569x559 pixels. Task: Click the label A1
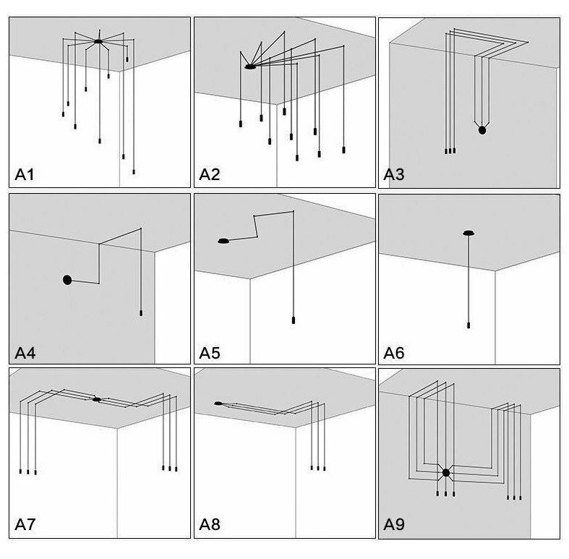tap(25, 174)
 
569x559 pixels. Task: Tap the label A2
tap(209, 174)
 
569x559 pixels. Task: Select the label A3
tap(394, 174)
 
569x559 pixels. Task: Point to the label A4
tap(25, 353)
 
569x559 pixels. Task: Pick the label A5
tap(210, 353)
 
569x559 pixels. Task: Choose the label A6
tap(394, 353)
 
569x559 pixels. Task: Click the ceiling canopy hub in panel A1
tap(98, 41)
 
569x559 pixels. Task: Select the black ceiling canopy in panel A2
tap(249, 67)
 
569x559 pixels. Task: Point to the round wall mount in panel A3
tap(482, 130)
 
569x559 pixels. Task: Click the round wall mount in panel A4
tap(67, 279)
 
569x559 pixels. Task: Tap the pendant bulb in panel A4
tap(141, 313)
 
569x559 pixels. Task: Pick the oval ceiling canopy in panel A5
tap(223, 240)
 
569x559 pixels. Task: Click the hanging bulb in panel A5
tap(293, 320)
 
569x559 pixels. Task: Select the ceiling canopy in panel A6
tap(469, 233)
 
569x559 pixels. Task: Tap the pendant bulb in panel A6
tap(469, 325)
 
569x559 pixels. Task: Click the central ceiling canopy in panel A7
tap(96, 399)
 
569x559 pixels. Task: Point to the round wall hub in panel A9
tap(446, 473)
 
